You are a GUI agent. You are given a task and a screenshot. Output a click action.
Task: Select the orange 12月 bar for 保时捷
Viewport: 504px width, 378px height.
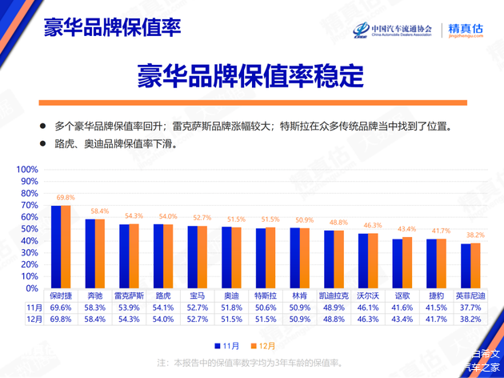tap(66, 247)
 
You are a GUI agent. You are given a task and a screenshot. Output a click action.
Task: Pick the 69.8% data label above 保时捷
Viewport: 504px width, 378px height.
tap(66, 197)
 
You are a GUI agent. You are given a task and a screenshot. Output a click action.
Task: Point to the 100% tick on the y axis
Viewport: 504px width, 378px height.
tap(27, 170)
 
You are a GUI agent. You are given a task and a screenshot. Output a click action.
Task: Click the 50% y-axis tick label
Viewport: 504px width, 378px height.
tap(29, 229)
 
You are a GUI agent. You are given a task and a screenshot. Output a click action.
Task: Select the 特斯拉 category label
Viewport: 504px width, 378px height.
tap(266, 296)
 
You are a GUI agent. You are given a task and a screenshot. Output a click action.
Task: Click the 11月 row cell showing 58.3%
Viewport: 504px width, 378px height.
tap(95, 308)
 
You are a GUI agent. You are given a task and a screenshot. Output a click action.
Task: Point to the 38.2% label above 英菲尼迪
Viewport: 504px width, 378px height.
tap(476, 235)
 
